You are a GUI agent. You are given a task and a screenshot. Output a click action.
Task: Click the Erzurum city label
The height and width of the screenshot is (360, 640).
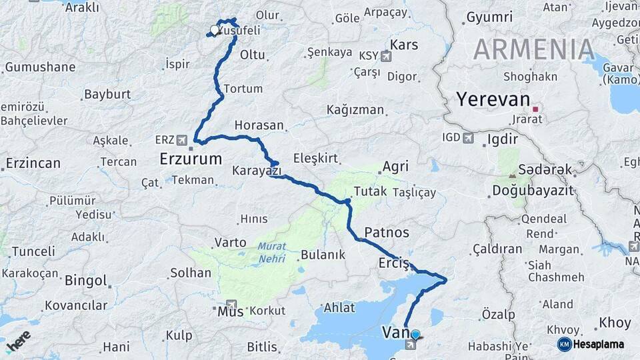191,159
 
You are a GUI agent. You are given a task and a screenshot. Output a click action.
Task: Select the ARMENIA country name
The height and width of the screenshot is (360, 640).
533,50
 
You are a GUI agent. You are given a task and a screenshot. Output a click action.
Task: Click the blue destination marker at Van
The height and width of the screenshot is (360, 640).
415,335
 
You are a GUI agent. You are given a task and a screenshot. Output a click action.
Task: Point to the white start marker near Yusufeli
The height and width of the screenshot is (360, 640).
215,30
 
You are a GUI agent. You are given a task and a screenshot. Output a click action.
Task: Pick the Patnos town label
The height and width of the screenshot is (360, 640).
387,233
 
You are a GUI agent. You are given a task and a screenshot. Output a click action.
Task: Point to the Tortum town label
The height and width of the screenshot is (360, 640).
243,89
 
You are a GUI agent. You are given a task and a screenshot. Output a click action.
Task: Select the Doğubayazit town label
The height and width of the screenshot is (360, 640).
533,191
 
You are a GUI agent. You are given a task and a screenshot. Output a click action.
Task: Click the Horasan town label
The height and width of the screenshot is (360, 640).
259,125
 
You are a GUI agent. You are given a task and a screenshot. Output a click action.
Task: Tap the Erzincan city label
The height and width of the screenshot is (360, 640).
33,163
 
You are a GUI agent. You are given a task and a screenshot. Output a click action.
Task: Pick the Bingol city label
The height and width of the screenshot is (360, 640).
85,281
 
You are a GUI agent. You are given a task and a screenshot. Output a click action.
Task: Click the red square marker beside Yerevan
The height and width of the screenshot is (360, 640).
535,109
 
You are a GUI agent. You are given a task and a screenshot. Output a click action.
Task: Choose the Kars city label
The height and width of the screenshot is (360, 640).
404,45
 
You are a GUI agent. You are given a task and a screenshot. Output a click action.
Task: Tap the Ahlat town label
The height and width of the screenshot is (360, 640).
339,308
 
